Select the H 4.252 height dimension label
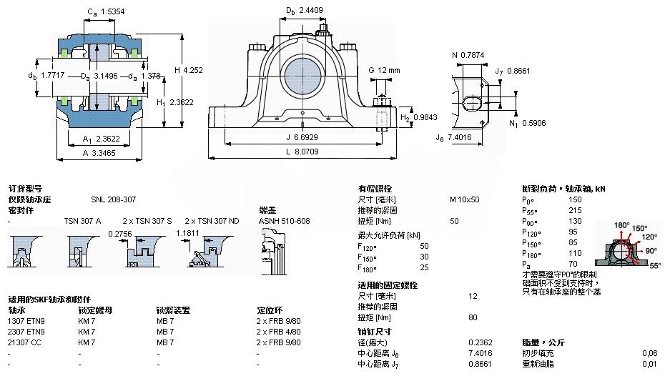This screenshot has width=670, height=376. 189,70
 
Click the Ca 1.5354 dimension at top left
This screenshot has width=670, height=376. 102,12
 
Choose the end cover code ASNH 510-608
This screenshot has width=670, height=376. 284,221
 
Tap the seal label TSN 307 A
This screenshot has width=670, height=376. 83,221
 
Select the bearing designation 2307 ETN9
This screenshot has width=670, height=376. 26,332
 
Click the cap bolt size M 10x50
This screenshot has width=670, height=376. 464,199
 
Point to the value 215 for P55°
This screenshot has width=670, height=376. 576,210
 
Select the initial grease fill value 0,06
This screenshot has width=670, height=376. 649,353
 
